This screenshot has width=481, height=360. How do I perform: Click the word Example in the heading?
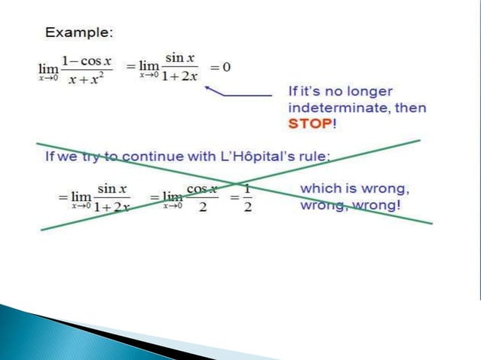(78, 33)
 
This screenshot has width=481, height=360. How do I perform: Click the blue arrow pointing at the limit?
(237, 94)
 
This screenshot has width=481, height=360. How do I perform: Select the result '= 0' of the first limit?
(220, 67)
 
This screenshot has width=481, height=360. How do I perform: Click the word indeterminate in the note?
(334, 108)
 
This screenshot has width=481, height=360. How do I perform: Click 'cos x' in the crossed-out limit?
(201, 188)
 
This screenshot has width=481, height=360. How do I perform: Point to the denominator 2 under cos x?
(201, 207)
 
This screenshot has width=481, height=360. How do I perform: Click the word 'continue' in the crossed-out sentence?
(152, 157)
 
